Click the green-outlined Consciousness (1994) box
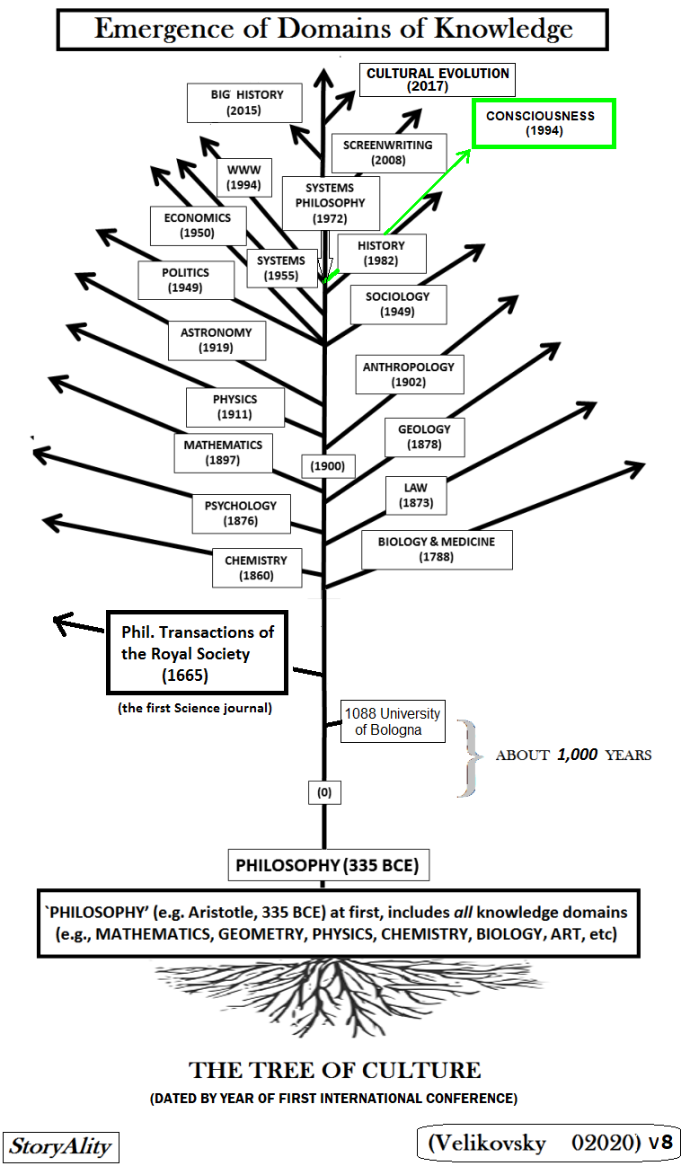pyautogui.click(x=544, y=123)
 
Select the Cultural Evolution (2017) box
pyautogui.click(x=438, y=80)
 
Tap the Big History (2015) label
pyautogui.click(x=244, y=102)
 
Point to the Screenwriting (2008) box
pyautogui.click(x=388, y=153)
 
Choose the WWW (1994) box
pyautogui.click(x=243, y=178)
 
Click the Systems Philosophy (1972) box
pyautogui.click(x=331, y=203)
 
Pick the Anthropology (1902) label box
pyautogui.click(x=410, y=375)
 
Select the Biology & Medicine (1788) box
pyautogui.click(x=437, y=550)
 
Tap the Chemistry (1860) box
pyautogui.click(x=257, y=568)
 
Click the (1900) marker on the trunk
pyautogui.click(x=328, y=466)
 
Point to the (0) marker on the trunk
pyautogui.click(x=324, y=792)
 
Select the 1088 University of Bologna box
pyautogui.click(x=393, y=721)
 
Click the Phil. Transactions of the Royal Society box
pyautogui.click(x=197, y=653)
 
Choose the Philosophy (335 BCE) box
pyautogui.click(x=329, y=865)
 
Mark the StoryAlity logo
pyautogui.click(x=61, y=1146)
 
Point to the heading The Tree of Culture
pyautogui.click(x=334, y=1070)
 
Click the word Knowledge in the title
pyautogui.click(x=503, y=29)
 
